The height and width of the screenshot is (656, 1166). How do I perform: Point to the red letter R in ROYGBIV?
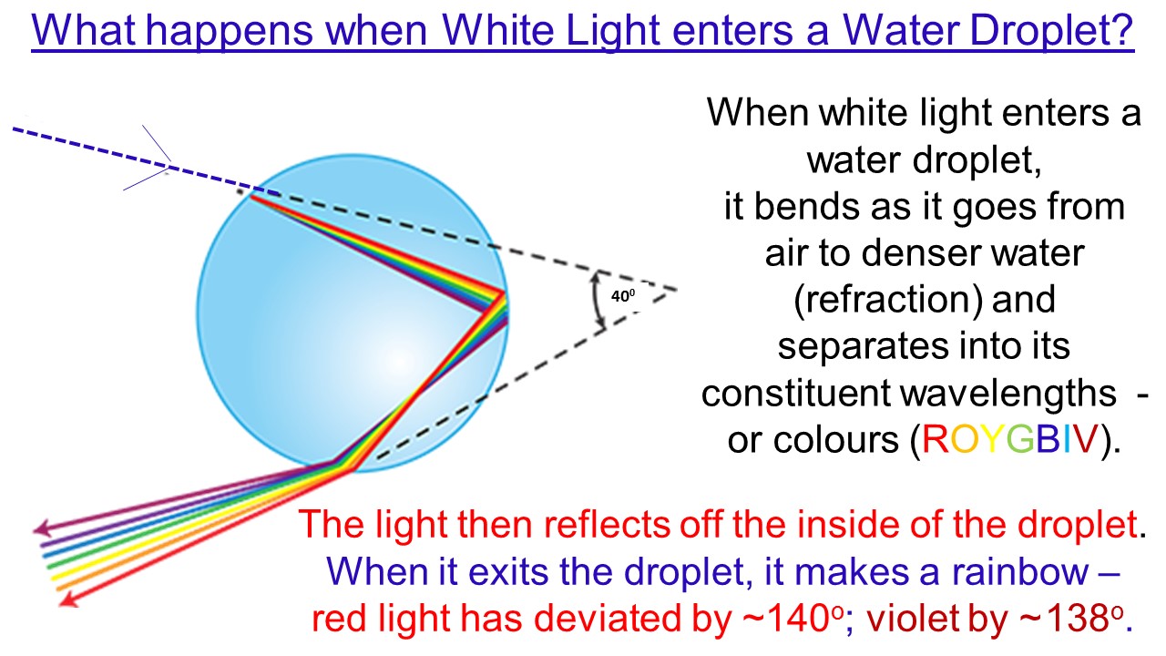[x=936, y=441]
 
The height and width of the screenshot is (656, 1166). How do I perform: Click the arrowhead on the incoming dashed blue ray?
[x=164, y=165]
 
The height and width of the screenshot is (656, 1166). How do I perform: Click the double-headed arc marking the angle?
[x=598, y=300]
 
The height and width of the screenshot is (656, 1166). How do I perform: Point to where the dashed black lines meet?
[x=677, y=291]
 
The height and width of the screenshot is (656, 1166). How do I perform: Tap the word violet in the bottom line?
[x=930, y=620]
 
